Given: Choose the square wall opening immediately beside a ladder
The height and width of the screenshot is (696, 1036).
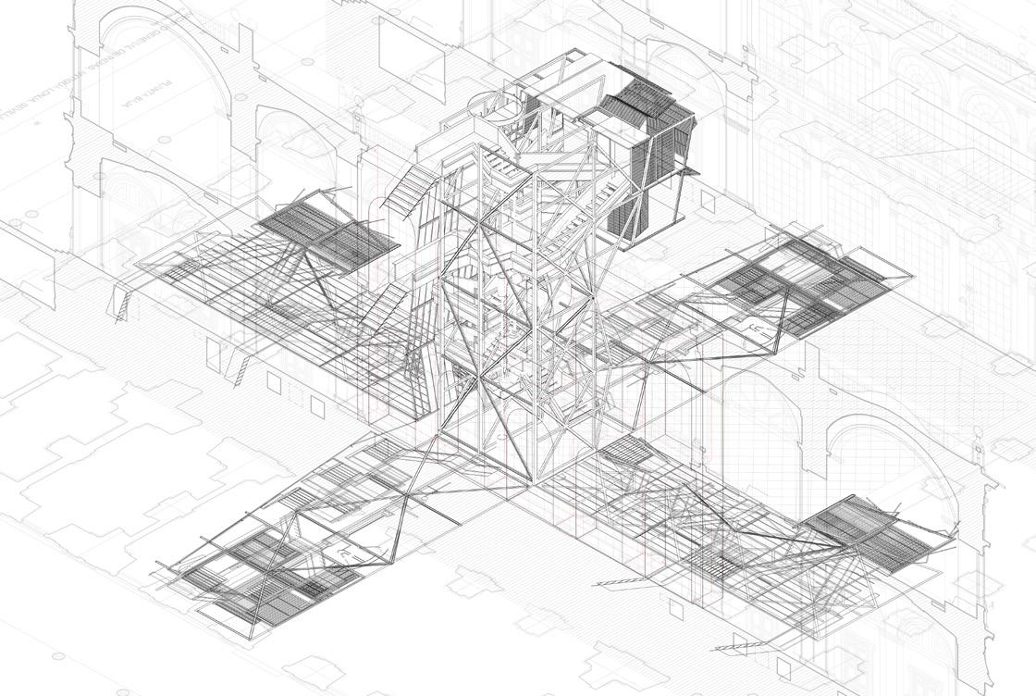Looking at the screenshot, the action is click(274, 380).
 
